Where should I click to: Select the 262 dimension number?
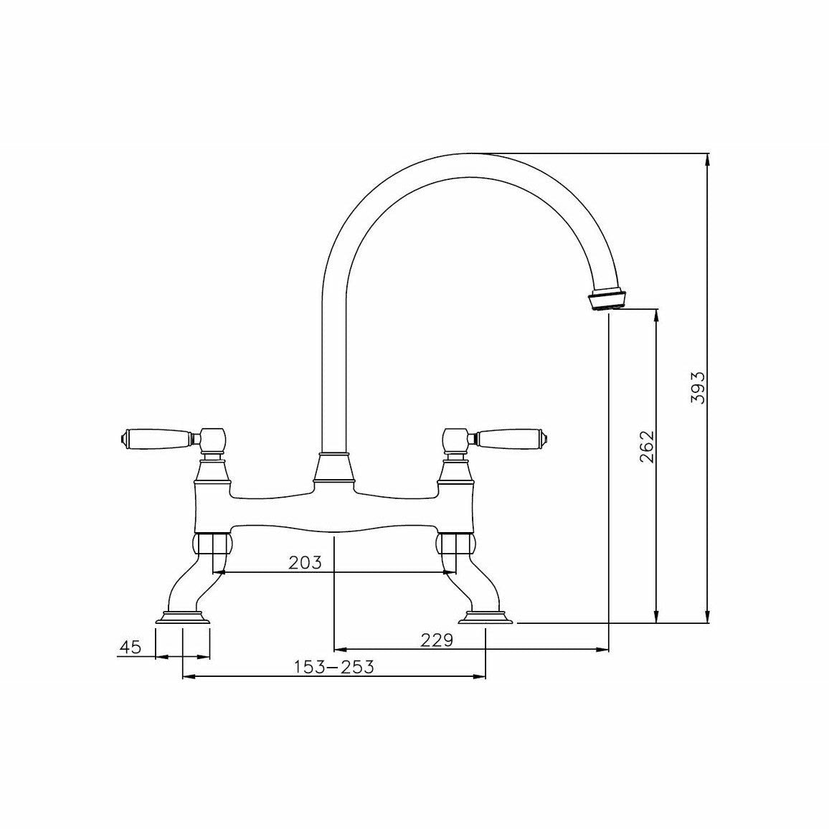[x=647, y=447]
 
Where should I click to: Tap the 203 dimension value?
[x=305, y=562]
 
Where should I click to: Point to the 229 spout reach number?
[x=437, y=640]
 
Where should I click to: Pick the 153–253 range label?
[x=334, y=667]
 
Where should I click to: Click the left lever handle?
[x=156, y=437]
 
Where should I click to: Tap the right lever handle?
[x=511, y=437]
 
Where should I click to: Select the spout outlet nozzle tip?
[x=609, y=300]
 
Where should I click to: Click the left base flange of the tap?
[x=183, y=617]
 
